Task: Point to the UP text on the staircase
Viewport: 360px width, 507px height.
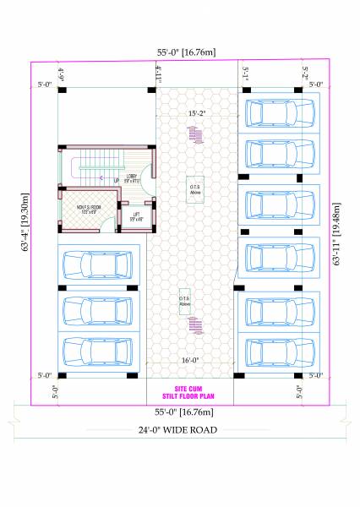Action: (x=116, y=180)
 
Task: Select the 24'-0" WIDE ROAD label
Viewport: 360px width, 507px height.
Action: (x=180, y=429)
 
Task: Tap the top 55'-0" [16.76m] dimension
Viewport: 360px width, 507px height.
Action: (x=180, y=52)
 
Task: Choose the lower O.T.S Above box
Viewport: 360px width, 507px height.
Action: (x=184, y=302)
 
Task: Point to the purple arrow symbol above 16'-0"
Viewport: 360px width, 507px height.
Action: (x=196, y=325)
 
